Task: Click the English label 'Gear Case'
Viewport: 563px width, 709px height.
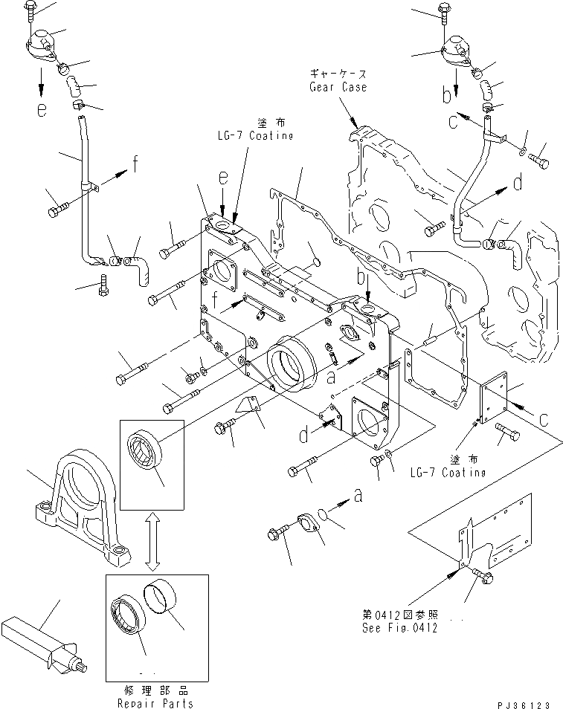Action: (x=338, y=87)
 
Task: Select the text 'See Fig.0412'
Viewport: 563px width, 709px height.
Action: (x=400, y=628)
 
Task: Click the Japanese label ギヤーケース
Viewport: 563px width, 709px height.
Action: (x=338, y=75)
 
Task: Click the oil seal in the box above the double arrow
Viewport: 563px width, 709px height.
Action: (x=148, y=456)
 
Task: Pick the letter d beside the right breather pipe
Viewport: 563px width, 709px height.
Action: (x=517, y=182)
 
